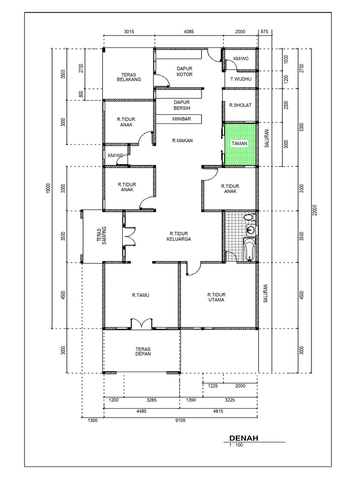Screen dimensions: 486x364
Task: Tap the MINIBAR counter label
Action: point(182,119)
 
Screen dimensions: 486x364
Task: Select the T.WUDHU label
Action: point(240,79)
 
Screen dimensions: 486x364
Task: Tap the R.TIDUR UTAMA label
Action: point(216,297)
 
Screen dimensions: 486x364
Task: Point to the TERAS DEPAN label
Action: point(142,351)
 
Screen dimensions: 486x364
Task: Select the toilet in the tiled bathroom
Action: point(248,217)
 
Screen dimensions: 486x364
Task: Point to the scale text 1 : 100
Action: point(236,445)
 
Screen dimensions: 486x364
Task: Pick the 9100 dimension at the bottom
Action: point(180,420)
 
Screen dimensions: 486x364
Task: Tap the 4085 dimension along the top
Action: point(189,32)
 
